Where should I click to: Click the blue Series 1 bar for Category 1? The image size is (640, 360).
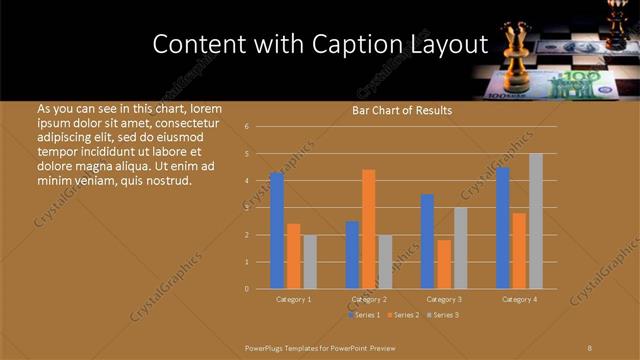pyautogui.click(x=277, y=230)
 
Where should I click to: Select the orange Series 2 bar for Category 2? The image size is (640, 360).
pyautogui.click(x=369, y=228)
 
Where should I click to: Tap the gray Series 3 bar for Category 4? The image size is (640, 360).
pyautogui.click(x=536, y=220)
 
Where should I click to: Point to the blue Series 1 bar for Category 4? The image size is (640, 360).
pyautogui.click(x=503, y=227)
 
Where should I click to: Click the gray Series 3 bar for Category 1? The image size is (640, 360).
pyautogui.click(x=310, y=261)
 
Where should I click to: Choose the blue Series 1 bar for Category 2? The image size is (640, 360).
pyautogui.click(x=353, y=254)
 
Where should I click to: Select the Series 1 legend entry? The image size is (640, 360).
pyautogui.click(x=364, y=315)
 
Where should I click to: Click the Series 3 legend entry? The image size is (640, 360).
pyautogui.click(x=444, y=315)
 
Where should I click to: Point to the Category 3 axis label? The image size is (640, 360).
pyautogui.click(x=444, y=299)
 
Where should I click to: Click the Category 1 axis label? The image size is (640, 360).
pyautogui.click(x=294, y=299)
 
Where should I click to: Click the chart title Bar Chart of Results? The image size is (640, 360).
pyautogui.click(x=402, y=110)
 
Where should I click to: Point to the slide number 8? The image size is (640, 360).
pyautogui.click(x=590, y=347)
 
